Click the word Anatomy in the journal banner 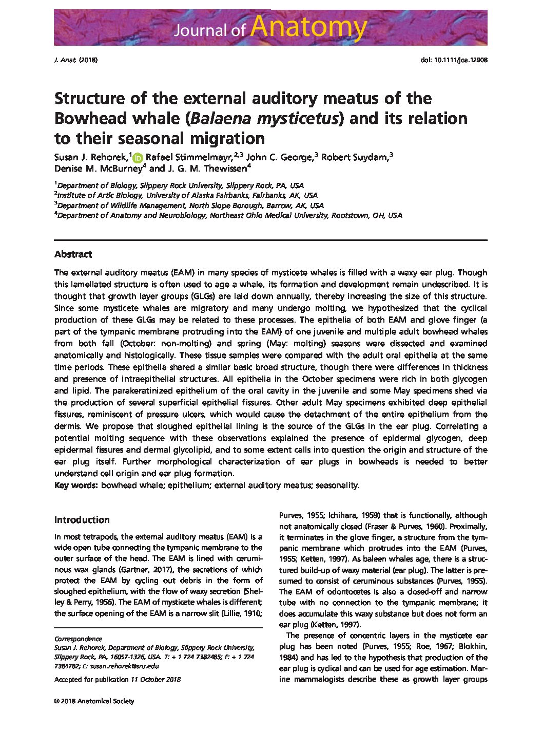[x=309, y=27]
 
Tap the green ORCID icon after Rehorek [x=137, y=158]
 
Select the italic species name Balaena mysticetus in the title [x=264, y=118]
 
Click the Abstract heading [x=73, y=254]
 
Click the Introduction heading [x=82, y=519]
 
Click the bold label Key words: [x=76, y=485]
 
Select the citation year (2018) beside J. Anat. [x=88, y=60]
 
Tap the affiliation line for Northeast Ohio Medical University [x=229, y=216]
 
